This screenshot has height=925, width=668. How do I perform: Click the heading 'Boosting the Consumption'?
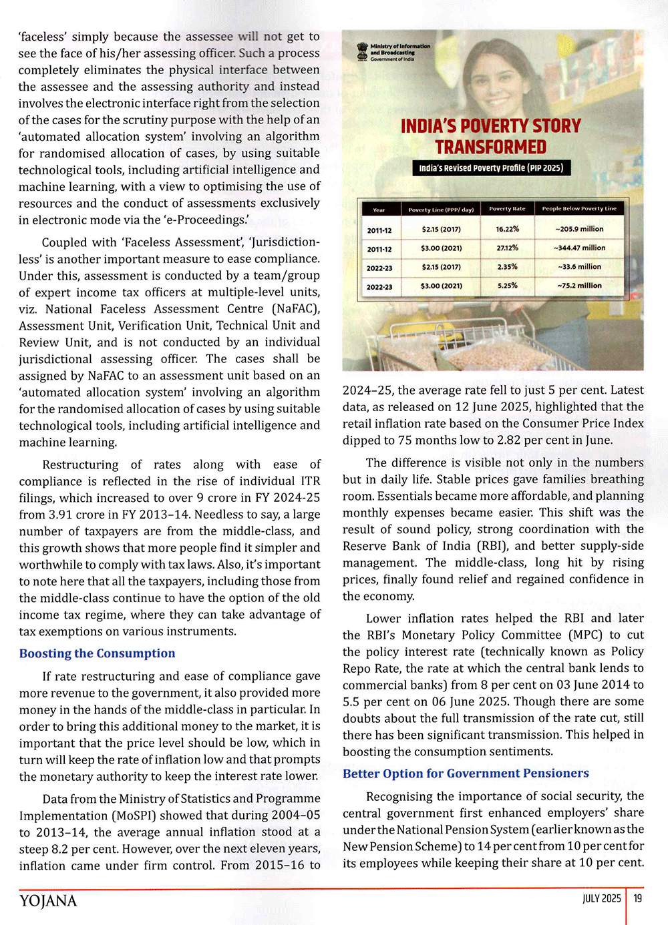coord(97,653)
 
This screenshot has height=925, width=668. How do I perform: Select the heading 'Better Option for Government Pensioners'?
coord(466,774)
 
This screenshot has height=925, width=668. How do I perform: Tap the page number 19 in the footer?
coord(638,898)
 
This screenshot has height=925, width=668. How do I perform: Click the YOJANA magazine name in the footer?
coord(48,901)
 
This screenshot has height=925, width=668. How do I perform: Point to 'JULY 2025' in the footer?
coord(601,898)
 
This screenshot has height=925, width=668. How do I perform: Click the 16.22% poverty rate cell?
coord(507,229)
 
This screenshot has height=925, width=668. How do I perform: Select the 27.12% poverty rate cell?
coord(507,248)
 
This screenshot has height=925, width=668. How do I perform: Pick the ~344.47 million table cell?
coord(579,248)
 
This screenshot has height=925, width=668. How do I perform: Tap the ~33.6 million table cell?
coord(579,266)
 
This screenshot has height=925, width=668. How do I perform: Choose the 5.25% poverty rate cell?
coord(507,286)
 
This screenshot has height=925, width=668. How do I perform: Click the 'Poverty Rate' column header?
coord(507,209)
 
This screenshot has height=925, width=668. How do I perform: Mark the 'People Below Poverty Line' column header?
coord(579,209)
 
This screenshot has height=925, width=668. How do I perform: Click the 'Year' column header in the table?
coord(379,210)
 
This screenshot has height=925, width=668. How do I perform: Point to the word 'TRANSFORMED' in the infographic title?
coord(491,147)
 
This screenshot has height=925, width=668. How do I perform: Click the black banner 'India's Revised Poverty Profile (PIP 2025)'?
coord(491,168)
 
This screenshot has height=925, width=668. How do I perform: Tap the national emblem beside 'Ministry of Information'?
coord(362,51)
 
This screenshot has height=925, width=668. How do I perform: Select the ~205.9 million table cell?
coord(579,229)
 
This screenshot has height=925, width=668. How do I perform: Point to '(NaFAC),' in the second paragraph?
coord(295,309)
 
